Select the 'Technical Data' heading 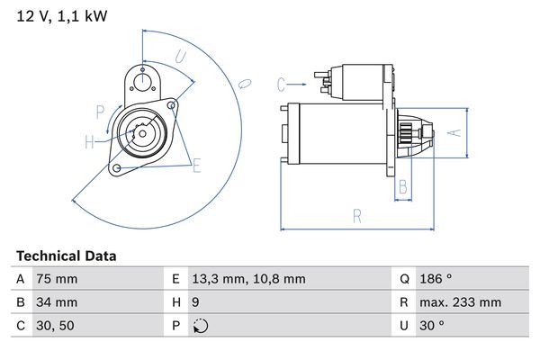coord(66,256)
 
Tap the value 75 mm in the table coord(56,279)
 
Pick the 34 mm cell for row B coord(56,302)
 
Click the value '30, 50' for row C coord(53,326)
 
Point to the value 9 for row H coord(197,302)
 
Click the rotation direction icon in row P coord(200,326)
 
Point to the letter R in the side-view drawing coord(357,216)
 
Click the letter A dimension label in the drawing coord(454,132)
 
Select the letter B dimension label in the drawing coord(403,187)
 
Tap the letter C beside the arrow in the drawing coord(281,85)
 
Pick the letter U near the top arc coord(181,57)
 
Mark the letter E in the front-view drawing coord(196,164)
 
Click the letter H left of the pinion coord(89,140)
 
